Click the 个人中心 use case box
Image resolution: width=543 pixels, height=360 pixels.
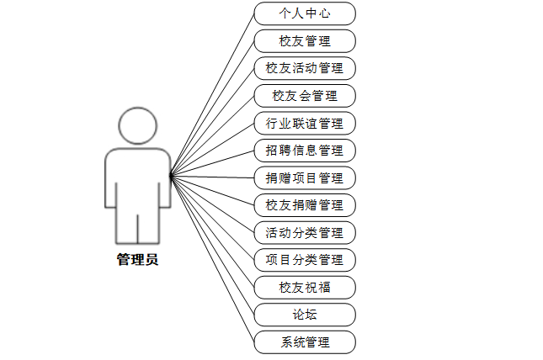[305, 13]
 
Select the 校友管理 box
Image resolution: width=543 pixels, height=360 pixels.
[305, 40]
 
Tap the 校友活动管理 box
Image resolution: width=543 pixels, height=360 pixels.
[305, 67]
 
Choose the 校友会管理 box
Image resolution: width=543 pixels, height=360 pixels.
[305, 95]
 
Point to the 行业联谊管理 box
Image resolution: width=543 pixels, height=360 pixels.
[305, 123]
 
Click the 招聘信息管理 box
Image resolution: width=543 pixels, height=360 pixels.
[305, 151]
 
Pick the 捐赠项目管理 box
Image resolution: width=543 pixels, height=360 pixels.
[305, 177]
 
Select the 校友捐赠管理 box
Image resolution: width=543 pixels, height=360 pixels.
[305, 204]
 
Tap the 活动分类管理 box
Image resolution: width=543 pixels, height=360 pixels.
[305, 232]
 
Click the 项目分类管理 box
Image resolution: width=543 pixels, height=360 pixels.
[305, 259]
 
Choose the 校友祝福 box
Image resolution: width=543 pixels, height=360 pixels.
[305, 287]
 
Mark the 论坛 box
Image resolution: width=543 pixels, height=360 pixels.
[305, 315]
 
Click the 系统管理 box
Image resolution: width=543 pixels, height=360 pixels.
[305, 342]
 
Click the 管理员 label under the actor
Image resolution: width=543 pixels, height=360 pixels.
[137, 260]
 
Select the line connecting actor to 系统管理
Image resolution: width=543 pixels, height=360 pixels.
[212, 259]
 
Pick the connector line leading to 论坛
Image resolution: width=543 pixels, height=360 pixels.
[212, 246]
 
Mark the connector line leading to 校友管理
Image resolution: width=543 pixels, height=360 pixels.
[212, 109]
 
